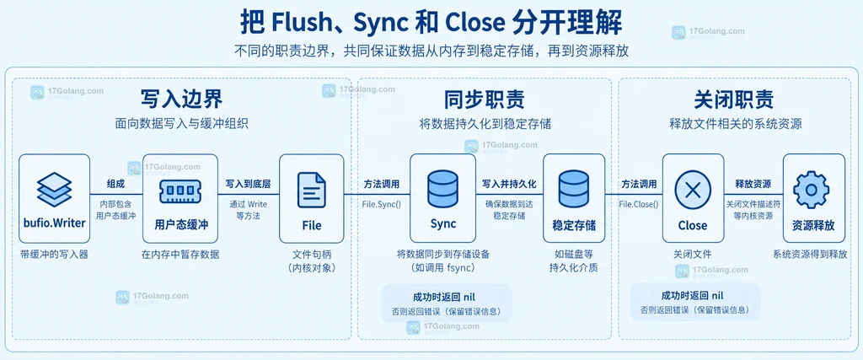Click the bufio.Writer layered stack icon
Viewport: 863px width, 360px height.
click(x=55, y=189)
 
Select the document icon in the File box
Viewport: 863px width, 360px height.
click(x=312, y=190)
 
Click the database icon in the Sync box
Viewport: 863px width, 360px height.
click(x=443, y=189)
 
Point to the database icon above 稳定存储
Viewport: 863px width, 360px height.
click(x=574, y=190)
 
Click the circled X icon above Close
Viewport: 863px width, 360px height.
click(x=693, y=190)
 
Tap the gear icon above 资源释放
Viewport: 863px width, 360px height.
click(x=811, y=190)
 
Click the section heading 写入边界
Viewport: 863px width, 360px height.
click(x=182, y=99)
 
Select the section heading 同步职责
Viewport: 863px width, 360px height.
click(x=485, y=99)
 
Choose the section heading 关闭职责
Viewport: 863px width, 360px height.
click(x=734, y=99)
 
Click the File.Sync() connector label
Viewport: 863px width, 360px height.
click(x=382, y=204)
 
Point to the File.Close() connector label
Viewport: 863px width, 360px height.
click(x=639, y=204)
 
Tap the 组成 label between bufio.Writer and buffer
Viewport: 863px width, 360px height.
click(x=116, y=184)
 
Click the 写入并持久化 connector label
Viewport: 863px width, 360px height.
click(x=509, y=184)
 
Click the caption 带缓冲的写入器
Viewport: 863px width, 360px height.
click(x=55, y=255)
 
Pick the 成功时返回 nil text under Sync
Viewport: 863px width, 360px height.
click(x=443, y=296)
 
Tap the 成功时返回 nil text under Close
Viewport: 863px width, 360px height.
click(x=693, y=295)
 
